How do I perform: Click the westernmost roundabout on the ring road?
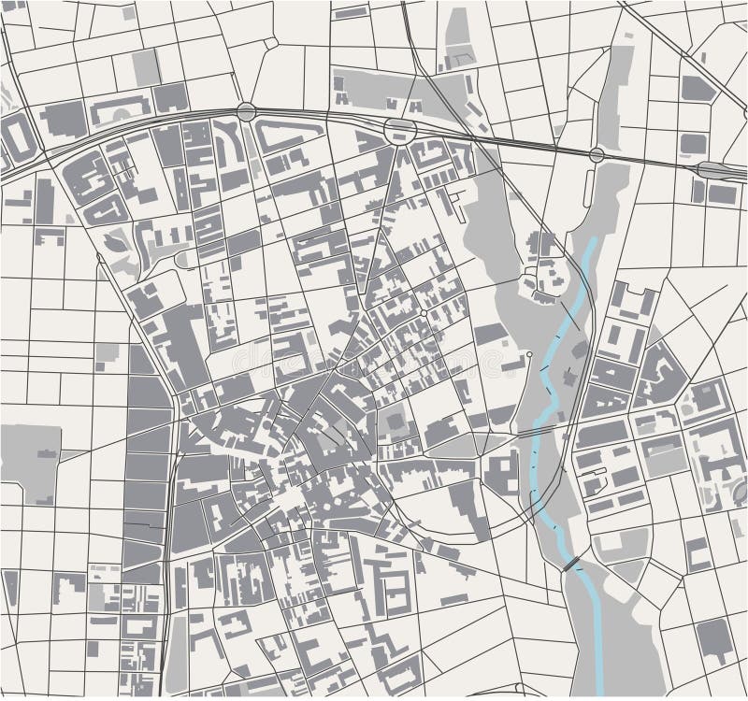(246, 112)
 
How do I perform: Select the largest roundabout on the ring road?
(400, 130)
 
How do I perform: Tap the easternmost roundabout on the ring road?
(597, 154)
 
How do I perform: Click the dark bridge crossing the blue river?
(571, 565)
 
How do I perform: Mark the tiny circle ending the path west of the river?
(529, 355)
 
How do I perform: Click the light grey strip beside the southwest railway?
(177, 645)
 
